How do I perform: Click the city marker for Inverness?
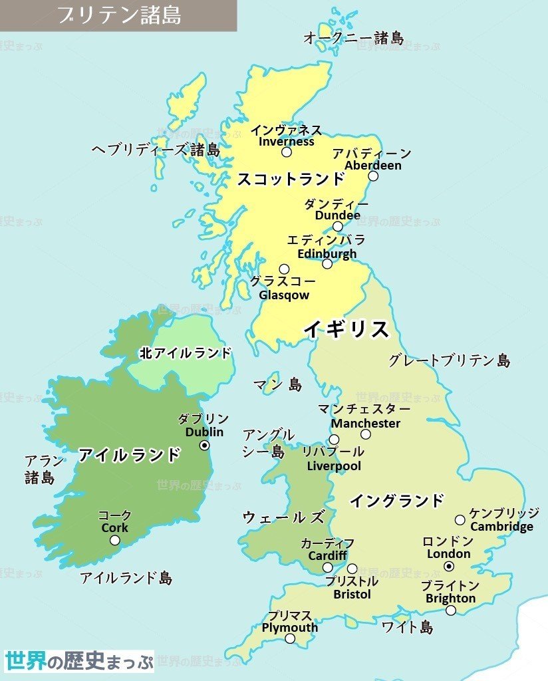pos(287,152)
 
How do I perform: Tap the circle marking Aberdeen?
pos(373,176)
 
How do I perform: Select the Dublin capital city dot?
pos(205,445)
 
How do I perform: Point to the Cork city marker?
pos(115,540)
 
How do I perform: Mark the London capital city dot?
pos(449,566)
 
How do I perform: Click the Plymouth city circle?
pos(290,638)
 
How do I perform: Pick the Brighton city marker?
pos(451,611)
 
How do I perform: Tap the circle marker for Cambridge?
pos(460,519)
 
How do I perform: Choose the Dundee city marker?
pos(337,226)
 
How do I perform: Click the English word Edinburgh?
pos(327,253)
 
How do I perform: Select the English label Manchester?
pos(366,423)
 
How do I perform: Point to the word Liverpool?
pos(334,466)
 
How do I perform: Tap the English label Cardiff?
pos(327,555)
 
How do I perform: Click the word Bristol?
pos(352,593)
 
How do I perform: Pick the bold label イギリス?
pos(346,329)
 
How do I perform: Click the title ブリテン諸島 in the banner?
pos(118,15)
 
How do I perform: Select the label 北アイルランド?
pos(186,353)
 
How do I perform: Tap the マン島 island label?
pos(277,384)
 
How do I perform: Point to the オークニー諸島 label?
pos(353,38)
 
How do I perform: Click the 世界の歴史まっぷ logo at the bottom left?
pos(78,661)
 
